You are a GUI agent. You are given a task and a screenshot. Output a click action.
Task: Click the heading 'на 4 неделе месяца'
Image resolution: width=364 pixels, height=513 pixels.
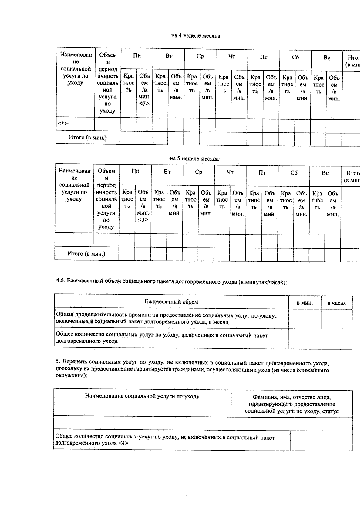point(196,36)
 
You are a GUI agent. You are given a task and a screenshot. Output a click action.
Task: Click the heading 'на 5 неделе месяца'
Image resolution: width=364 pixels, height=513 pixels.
point(194,159)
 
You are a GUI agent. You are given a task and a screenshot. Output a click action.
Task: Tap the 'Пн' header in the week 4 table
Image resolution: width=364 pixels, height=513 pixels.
point(137,56)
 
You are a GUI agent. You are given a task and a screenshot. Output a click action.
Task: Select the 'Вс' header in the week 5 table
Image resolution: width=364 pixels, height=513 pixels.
point(325,173)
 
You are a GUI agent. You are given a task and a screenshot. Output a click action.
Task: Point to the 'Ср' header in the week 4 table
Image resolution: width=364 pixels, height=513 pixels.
point(200,56)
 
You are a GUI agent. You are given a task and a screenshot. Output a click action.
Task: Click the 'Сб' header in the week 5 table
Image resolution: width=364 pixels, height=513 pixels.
point(294,173)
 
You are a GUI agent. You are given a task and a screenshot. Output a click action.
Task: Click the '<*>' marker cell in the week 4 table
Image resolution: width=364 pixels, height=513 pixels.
point(63,124)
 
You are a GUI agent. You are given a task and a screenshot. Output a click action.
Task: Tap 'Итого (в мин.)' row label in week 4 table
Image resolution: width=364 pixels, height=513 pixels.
point(88,138)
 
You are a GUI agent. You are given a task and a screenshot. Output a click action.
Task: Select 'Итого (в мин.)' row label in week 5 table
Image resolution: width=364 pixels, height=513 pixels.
point(86,254)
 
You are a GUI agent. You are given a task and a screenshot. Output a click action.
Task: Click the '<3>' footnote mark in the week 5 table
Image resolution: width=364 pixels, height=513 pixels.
point(143,220)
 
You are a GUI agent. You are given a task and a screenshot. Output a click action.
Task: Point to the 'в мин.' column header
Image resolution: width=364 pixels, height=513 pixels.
point(305,303)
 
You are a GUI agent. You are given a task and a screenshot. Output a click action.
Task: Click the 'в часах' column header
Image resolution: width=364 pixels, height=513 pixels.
point(336,303)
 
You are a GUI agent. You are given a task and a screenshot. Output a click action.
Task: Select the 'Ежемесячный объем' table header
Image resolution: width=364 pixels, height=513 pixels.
point(171,302)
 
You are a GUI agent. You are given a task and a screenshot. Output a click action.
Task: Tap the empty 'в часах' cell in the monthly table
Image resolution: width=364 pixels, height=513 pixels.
point(336,319)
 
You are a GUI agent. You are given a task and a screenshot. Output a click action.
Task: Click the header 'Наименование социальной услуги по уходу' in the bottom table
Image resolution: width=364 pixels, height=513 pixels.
point(142,396)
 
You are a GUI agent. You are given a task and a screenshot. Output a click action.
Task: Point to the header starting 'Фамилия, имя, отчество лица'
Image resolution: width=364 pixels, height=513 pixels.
point(292,397)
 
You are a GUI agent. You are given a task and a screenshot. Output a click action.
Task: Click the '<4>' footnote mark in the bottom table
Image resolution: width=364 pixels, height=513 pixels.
point(123,443)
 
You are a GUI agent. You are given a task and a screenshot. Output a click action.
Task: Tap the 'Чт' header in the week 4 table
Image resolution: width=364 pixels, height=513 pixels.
point(232,57)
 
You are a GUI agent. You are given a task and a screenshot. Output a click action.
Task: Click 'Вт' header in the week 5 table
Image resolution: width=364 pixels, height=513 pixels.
point(167,172)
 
